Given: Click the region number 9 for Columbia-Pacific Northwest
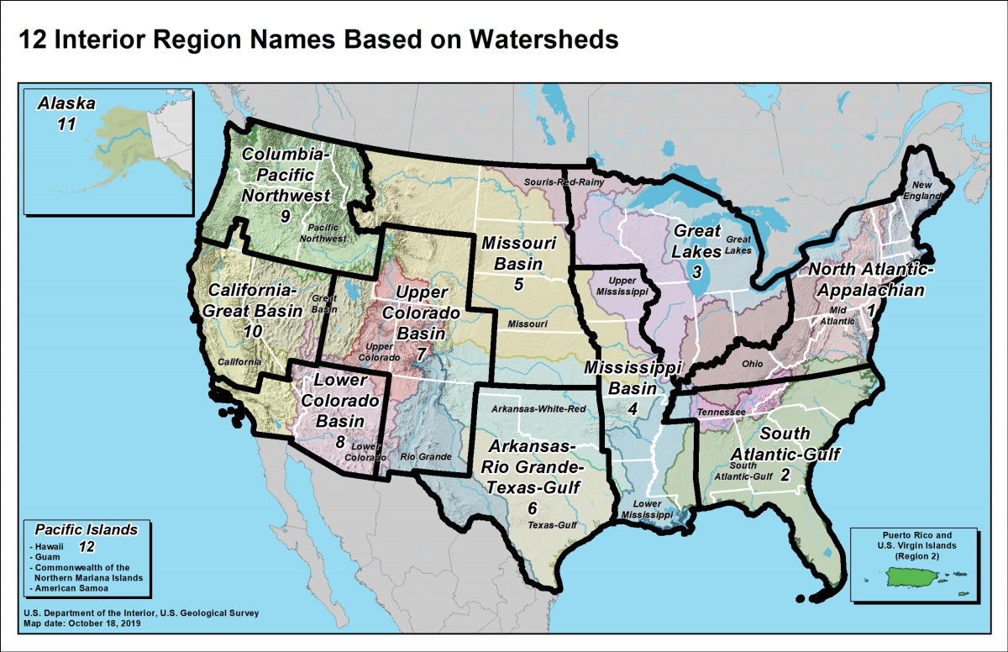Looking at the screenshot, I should [286, 217].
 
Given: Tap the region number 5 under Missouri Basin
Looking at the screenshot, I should [519, 284].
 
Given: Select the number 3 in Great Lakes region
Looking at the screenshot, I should [696, 271].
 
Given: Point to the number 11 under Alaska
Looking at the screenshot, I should [66, 124].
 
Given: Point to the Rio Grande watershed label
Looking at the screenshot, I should [426, 457].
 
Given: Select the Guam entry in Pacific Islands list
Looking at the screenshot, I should [47, 556].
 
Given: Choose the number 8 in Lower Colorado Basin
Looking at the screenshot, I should [339, 441].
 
